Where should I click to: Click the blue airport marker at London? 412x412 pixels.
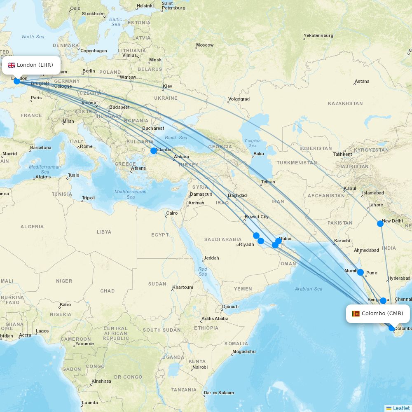coord(17,81)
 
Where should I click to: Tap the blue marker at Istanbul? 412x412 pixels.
coord(154,151)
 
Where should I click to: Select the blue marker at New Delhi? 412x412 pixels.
coord(380,224)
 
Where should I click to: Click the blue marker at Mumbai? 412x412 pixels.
coord(360,272)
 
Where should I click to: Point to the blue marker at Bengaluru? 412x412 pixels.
coord(383,301)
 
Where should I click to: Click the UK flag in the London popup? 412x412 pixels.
coord(11,65)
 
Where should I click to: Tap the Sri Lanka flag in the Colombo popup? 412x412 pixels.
coord(356,314)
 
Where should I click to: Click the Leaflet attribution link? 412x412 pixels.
coord(401,408)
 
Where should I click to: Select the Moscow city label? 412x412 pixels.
coord(205,45)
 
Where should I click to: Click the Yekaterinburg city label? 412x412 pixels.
coord(318,35)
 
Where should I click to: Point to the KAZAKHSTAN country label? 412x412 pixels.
coord(345,103)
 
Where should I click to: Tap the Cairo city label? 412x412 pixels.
coord(172,213)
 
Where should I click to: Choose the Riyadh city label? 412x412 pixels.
coord(246,244)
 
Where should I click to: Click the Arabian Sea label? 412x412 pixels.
coord(309,289)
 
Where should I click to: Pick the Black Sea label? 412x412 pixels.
coord(176,138)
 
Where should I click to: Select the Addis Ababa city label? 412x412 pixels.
coord(215,318)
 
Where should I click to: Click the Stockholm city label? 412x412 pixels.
coord(93,14)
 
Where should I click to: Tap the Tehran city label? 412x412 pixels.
coord(268,182)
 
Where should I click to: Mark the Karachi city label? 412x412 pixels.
coord(342,241)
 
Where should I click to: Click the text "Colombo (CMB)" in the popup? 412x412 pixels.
coord(382,314)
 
